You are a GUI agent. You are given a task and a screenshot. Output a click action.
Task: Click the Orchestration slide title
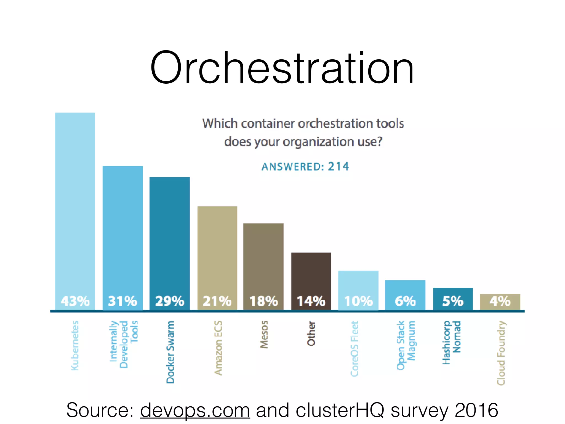click(x=282, y=68)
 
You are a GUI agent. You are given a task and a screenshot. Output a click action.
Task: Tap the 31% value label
click(x=122, y=301)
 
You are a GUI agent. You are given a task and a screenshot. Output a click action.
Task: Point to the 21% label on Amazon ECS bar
click(x=217, y=301)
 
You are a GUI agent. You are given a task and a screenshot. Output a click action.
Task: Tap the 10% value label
click(x=358, y=301)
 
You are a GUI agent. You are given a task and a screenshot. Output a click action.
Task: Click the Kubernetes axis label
click(x=75, y=345)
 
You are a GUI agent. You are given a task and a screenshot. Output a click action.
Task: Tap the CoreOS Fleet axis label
click(x=355, y=348)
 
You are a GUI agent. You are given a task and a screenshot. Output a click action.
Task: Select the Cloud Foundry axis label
click(x=501, y=353)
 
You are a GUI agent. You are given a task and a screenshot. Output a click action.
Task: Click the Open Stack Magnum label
click(x=406, y=345)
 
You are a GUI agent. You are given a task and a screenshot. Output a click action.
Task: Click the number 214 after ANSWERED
click(x=338, y=166)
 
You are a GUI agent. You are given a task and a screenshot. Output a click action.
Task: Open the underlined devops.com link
click(x=195, y=410)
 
